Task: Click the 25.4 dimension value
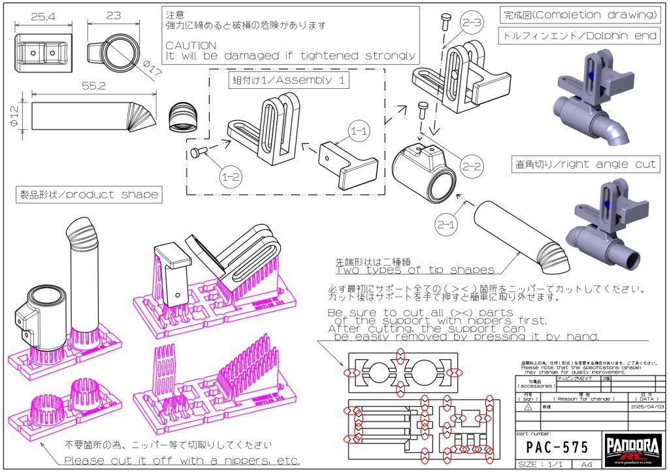[x=42, y=16]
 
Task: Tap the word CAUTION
[x=191, y=45]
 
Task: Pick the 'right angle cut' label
[x=585, y=165]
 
